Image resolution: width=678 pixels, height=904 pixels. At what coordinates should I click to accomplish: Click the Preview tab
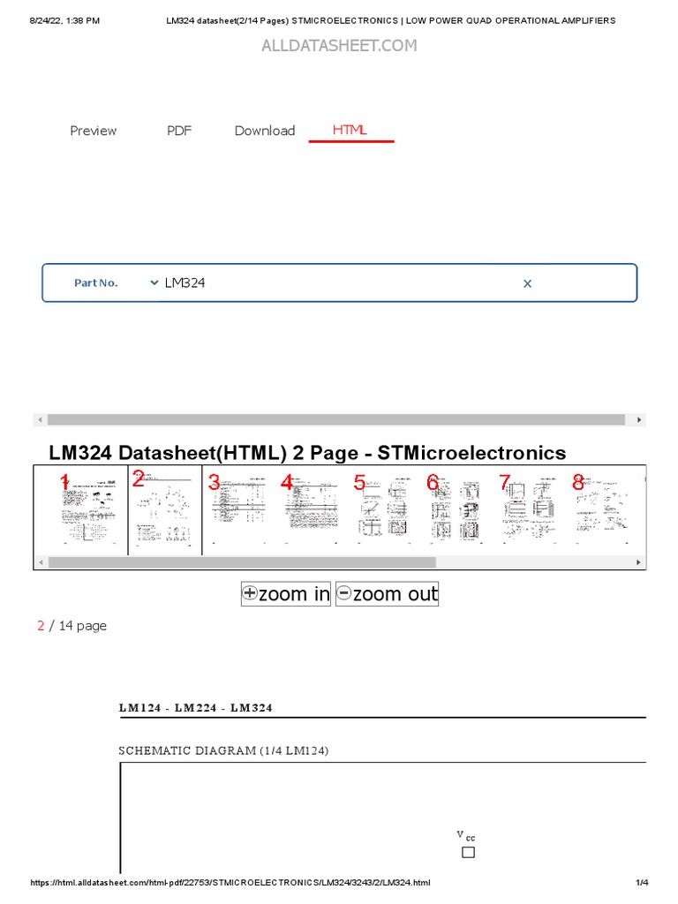coord(93,131)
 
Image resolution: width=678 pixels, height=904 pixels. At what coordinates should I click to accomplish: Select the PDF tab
coord(179,131)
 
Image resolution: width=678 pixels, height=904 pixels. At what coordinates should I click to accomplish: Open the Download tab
coord(265,131)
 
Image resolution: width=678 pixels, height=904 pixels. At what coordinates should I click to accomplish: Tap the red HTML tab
coord(350,130)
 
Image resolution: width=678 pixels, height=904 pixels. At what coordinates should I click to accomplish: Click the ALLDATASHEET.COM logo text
coord(339,46)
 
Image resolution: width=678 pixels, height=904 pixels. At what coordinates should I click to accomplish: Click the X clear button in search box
coord(528,283)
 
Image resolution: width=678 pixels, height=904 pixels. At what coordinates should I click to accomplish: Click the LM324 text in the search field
coord(185,282)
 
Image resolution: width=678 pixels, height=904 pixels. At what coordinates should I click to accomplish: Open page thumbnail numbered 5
coord(383,510)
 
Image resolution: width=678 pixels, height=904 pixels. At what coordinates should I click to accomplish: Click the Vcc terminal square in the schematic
coord(468,852)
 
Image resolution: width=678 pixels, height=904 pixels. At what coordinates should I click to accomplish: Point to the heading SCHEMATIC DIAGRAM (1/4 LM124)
coord(224,750)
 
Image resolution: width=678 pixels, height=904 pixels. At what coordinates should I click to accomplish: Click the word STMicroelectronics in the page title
coord(471,453)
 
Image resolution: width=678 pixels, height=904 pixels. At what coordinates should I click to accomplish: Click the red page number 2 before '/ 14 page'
coord(41,626)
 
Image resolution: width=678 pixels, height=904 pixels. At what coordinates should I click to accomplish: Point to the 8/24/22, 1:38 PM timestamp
coord(65,20)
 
